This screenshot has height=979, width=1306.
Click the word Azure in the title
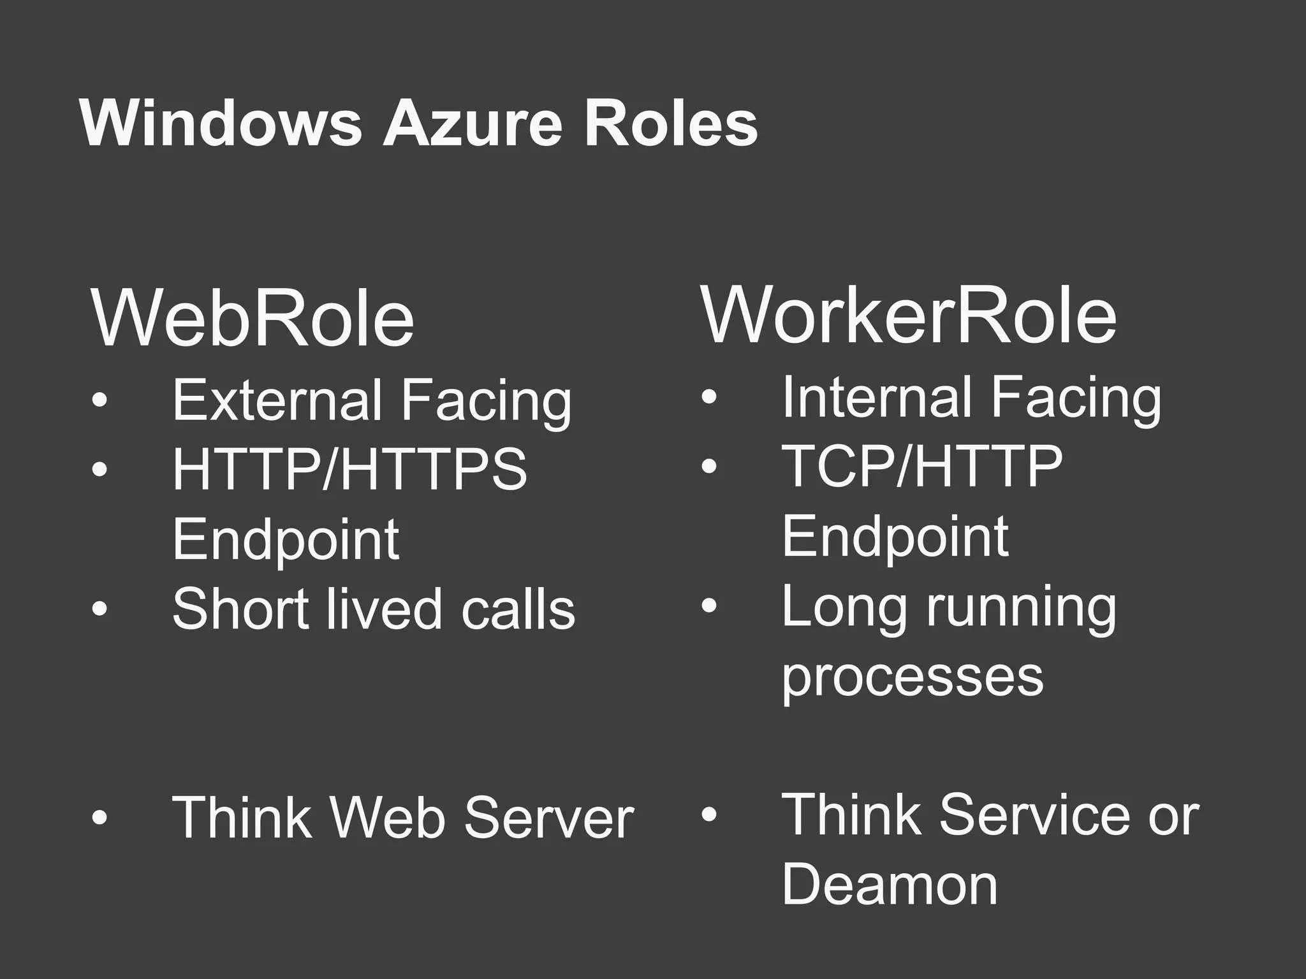[x=472, y=124]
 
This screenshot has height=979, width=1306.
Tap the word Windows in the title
[x=221, y=124]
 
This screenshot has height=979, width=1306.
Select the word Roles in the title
[x=671, y=124]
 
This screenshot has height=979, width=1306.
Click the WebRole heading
[x=253, y=318]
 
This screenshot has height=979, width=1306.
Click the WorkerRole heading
[x=909, y=315]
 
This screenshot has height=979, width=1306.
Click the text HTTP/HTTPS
[x=349, y=470]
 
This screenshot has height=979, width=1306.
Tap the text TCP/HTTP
[x=922, y=467]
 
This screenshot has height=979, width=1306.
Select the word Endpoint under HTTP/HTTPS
[x=286, y=540]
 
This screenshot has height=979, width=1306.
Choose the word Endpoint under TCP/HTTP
[x=895, y=537]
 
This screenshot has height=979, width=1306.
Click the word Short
[x=243, y=609]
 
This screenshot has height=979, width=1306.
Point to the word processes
[x=913, y=677]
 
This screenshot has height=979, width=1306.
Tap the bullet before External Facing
[x=99, y=400]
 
